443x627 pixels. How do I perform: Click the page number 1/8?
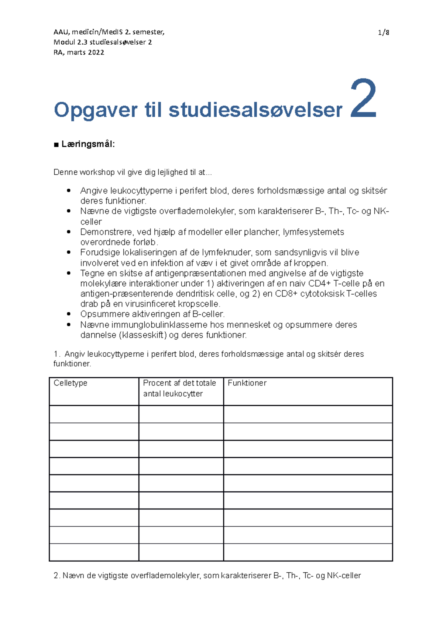click(x=384, y=32)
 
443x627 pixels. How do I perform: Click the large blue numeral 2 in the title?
click(x=363, y=99)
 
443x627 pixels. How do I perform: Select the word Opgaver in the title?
click(x=96, y=110)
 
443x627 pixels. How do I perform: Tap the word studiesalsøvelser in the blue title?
click(x=255, y=110)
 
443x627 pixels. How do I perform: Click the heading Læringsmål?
click(x=88, y=144)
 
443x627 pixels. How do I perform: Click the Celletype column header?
click(x=71, y=383)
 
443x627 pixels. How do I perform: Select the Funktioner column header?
click(x=247, y=383)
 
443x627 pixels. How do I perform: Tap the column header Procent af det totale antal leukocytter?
click(x=179, y=388)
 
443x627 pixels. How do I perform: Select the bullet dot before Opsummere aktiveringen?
click(x=69, y=314)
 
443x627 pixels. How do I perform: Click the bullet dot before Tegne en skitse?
click(x=69, y=273)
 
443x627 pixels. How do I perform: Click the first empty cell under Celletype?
click(x=94, y=414)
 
